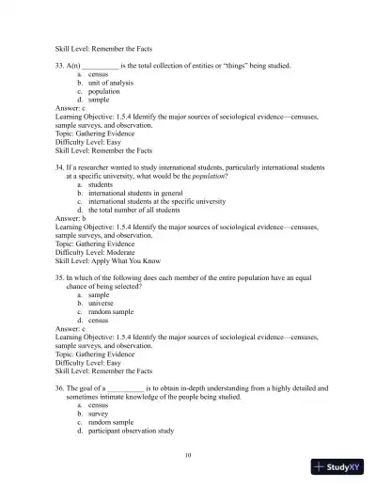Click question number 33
click(61, 66)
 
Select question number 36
click(61, 387)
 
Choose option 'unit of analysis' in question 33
click(109, 84)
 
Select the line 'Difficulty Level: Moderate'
click(102, 252)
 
